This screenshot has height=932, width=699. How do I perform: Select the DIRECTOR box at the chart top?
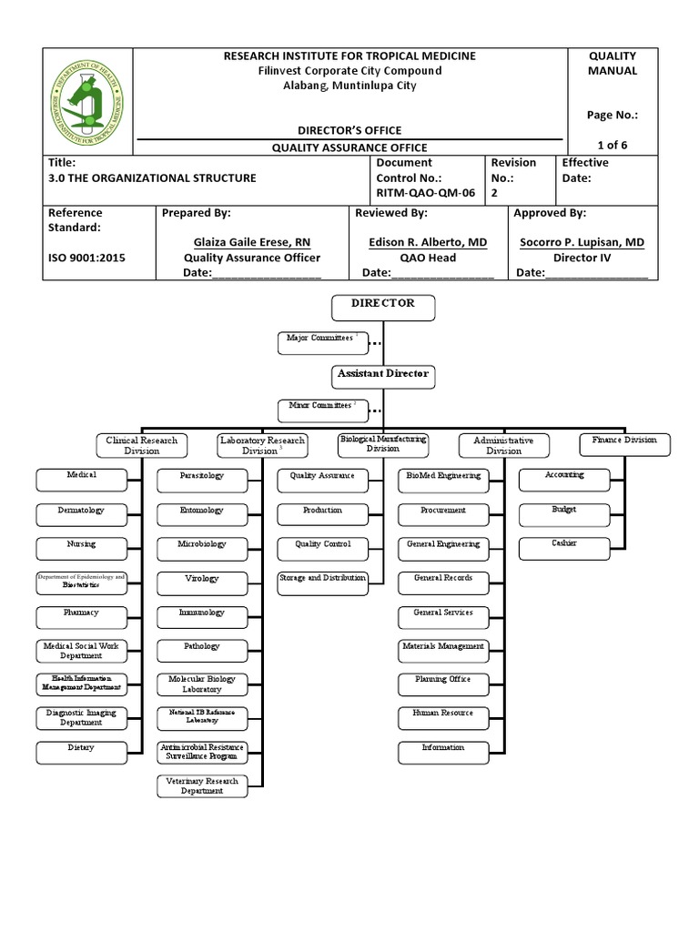[x=383, y=308]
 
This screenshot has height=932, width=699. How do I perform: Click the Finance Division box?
[x=624, y=443]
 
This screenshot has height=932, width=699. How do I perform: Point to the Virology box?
[x=202, y=579]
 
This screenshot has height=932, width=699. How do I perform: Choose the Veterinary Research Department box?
[x=202, y=785]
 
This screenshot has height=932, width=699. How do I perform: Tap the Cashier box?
[x=563, y=547]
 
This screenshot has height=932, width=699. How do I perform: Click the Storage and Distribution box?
[x=322, y=579]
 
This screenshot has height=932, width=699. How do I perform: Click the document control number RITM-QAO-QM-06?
[x=425, y=193]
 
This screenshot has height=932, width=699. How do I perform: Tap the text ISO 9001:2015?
[x=86, y=258]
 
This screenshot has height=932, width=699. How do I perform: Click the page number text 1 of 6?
[x=612, y=145]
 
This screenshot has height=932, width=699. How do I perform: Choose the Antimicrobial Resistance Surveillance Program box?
[x=202, y=751]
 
